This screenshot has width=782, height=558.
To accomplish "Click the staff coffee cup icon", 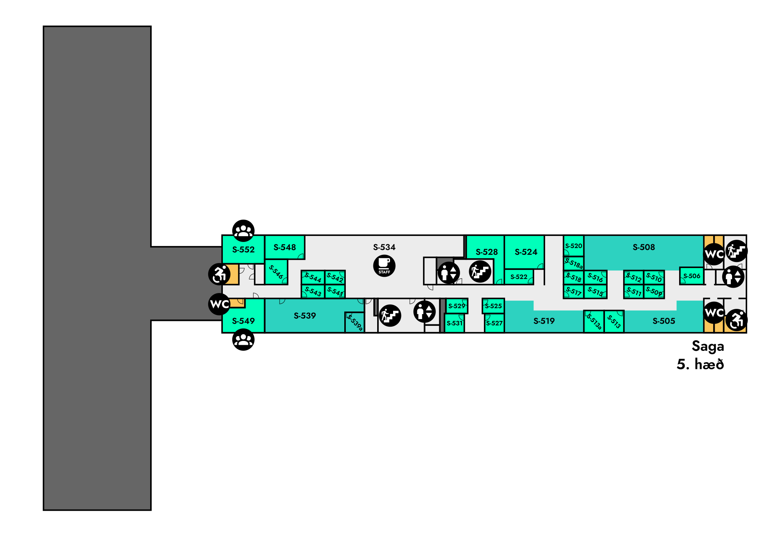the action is click(384, 266).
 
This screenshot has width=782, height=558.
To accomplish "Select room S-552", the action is click(243, 250).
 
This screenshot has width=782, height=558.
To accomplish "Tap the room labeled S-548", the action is click(285, 247).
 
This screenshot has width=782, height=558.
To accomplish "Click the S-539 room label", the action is click(305, 316).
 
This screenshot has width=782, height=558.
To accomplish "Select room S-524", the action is click(525, 252).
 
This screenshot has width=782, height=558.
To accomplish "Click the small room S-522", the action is click(519, 277).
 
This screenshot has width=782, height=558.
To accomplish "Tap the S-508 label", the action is click(644, 247).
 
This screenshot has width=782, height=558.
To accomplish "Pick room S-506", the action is click(692, 276).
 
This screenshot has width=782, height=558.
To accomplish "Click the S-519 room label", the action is click(544, 321).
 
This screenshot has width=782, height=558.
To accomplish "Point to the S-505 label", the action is click(664, 321).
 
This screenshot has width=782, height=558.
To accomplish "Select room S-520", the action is click(574, 246).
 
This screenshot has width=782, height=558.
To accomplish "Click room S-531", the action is click(454, 323).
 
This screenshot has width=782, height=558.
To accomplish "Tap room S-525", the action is click(493, 306).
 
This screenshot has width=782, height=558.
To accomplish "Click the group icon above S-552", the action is click(243, 231).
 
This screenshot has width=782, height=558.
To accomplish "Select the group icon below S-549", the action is click(243, 339).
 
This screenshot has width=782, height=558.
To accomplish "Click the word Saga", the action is click(708, 346).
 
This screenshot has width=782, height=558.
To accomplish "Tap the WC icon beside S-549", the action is click(219, 304).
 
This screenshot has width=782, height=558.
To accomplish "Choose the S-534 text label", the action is click(384, 247).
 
